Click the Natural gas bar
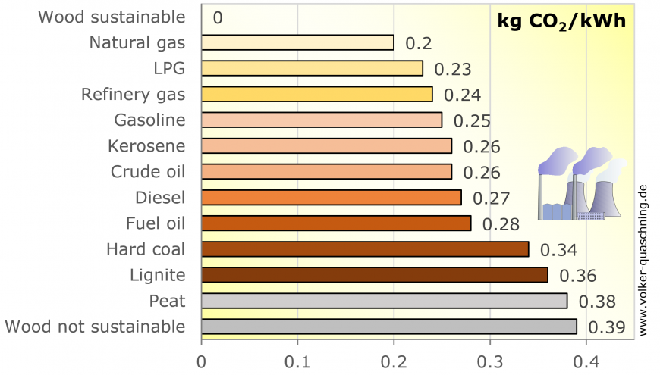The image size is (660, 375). click(x=297, y=42)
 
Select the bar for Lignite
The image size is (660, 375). click(x=374, y=275)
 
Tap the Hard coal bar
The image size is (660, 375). click(x=365, y=249)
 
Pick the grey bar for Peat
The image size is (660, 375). click(x=384, y=301)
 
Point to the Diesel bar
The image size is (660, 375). click(x=331, y=198)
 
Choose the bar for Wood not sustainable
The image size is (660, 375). click(x=388, y=327)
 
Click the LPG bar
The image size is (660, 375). click(x=312, y=68)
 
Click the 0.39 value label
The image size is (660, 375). click(x=607, y=327)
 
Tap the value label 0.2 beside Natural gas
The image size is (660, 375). click(x=419, y=43)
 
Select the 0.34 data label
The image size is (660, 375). click(x=558, y=250)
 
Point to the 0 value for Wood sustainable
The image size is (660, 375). click(x=218, y=17)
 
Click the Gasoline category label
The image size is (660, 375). click(x=149, y=120)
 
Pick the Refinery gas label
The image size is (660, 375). click(x=134, y=94)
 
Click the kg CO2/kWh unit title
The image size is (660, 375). click(x=561, y=20)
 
